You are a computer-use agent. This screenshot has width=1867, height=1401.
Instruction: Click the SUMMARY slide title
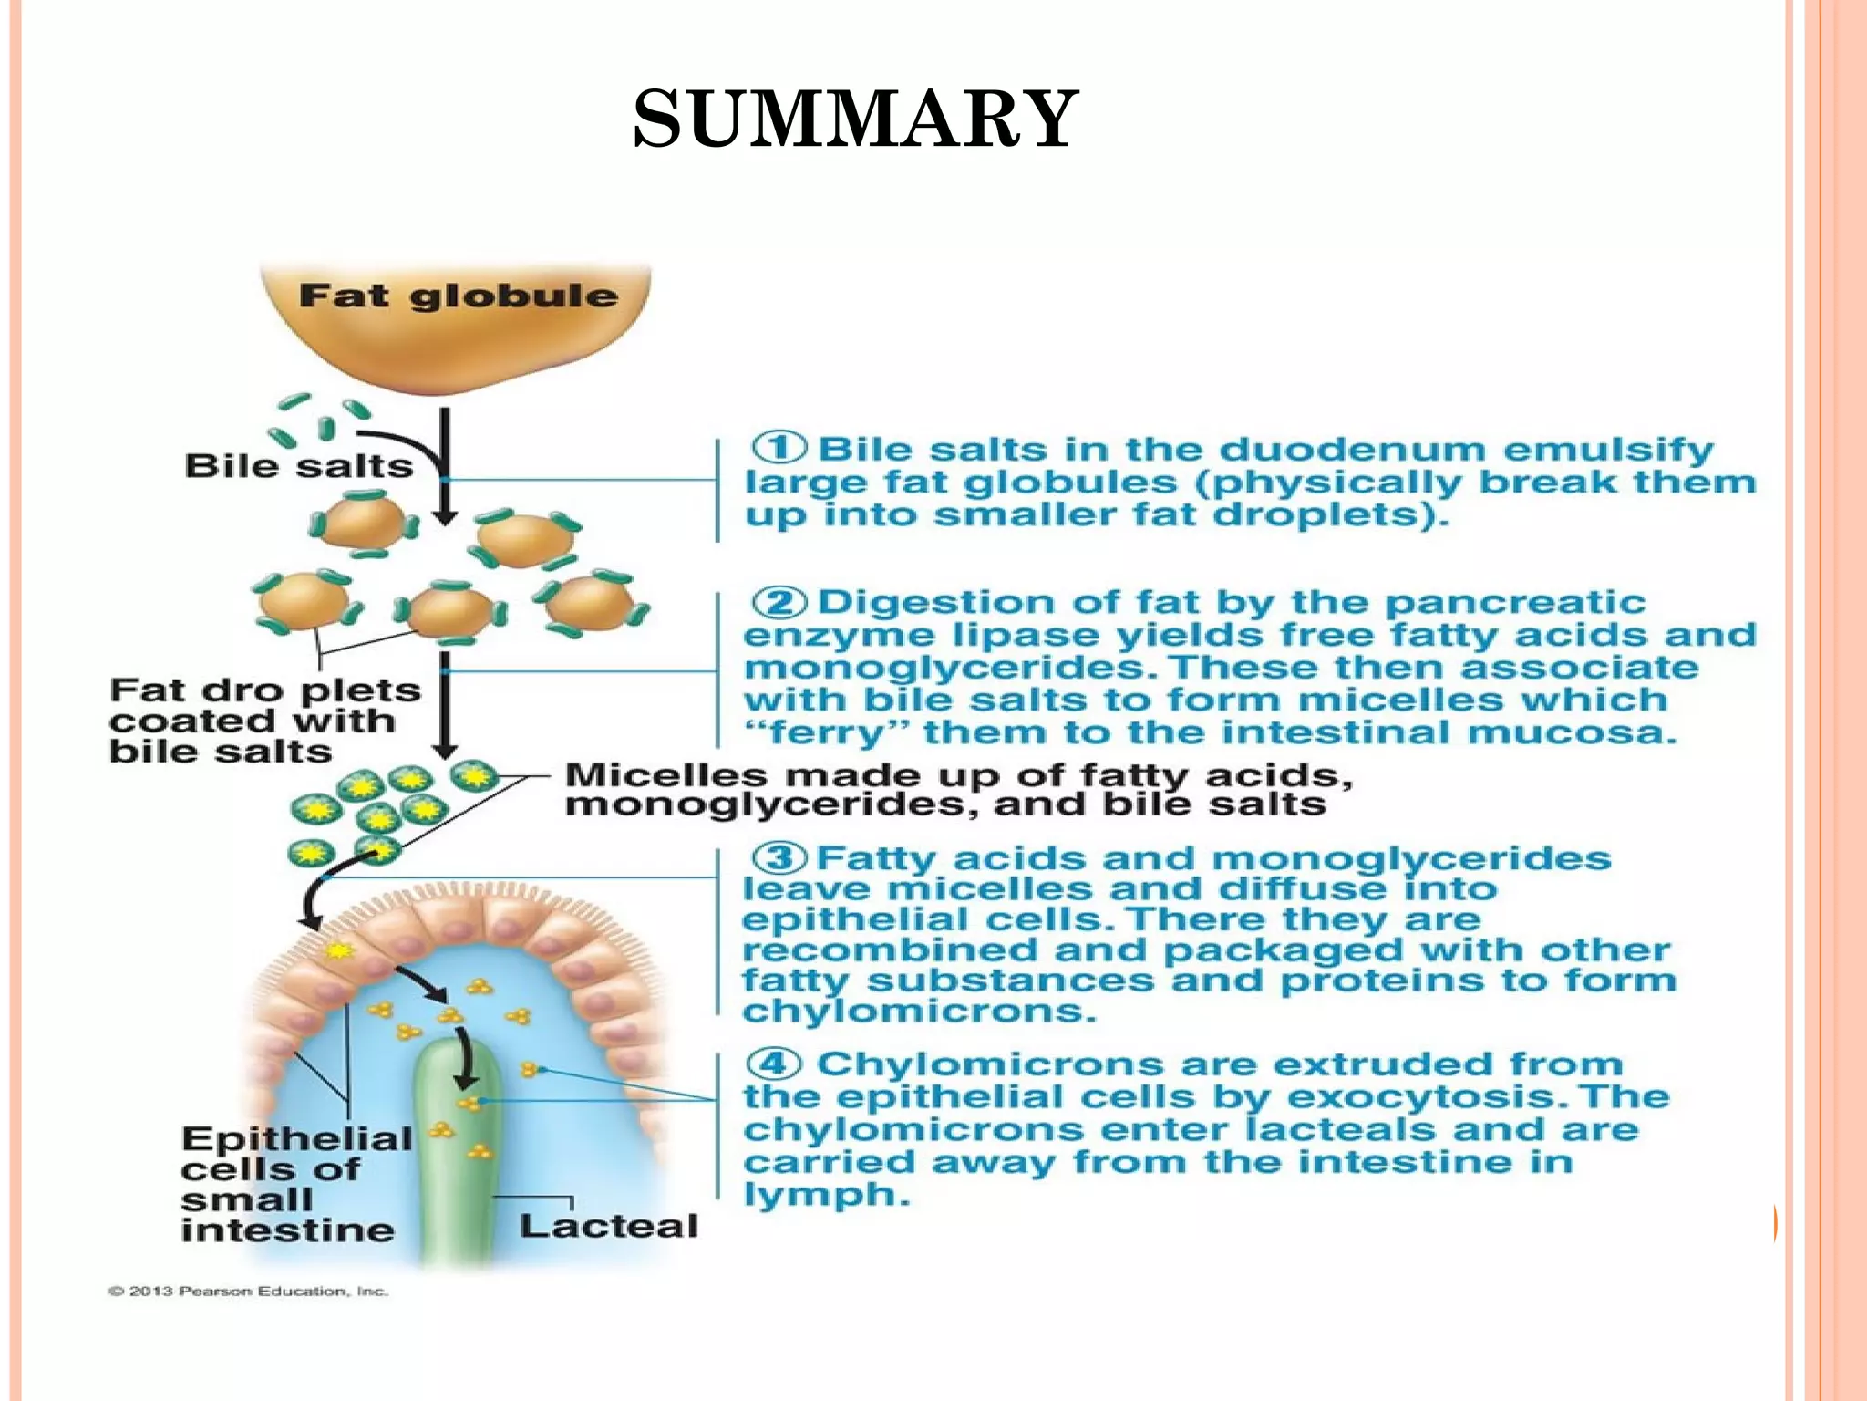855,119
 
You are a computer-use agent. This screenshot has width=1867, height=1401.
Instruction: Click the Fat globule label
459,296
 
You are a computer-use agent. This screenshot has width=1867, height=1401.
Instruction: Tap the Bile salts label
298,466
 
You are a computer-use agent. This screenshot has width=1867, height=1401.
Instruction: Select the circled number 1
779,448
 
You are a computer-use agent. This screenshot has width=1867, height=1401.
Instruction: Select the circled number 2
779,602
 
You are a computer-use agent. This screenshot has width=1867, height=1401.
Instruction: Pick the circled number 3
779,857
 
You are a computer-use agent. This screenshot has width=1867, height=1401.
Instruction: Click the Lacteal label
608,1226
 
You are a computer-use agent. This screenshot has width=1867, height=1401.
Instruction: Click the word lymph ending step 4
825,1195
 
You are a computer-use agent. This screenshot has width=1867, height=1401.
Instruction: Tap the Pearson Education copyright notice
249,1291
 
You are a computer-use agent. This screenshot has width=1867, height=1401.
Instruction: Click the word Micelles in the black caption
665,775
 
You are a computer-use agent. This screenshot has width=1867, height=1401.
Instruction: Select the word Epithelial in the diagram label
296,1138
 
